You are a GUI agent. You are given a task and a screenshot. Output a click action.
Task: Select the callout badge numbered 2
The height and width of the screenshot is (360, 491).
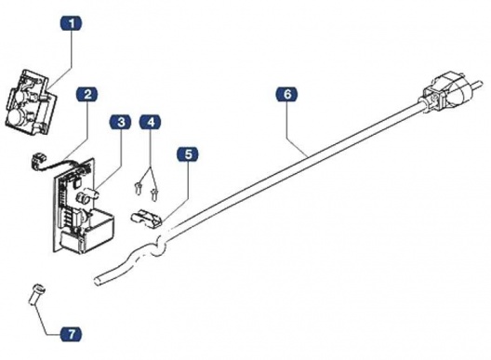[87, 95]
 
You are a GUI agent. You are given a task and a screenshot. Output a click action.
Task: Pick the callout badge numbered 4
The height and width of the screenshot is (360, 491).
[150, 123]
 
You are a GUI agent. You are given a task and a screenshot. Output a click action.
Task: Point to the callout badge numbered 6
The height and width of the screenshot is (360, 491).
[287, 94]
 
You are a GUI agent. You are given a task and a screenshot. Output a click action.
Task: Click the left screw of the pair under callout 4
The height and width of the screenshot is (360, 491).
[138, 191]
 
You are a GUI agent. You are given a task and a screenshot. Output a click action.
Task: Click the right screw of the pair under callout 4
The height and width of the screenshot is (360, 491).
[153, 191]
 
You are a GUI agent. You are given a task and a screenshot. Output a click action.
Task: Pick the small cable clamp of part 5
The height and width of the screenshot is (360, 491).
[147, 218]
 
